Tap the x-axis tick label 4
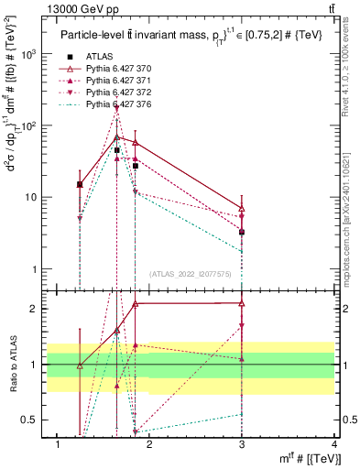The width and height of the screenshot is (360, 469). point(334,444)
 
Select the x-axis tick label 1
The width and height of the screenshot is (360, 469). point(58,444)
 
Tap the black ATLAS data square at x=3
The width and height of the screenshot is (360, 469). point(242,232)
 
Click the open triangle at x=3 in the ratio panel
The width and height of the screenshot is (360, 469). point(242,302)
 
